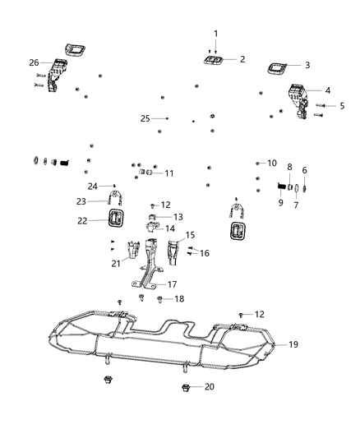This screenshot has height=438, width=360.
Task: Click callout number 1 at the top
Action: [x=216, y=34]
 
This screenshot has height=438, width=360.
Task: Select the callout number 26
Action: [x=34, y=62]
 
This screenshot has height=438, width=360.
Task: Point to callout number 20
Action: [x=209, y=386]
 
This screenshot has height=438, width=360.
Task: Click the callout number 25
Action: [x=145, y=118]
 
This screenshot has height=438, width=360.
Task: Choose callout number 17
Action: [x=172, y=284]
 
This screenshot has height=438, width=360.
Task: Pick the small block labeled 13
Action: [x=153, y=216]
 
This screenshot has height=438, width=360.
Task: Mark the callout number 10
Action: [x=272, y=164]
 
